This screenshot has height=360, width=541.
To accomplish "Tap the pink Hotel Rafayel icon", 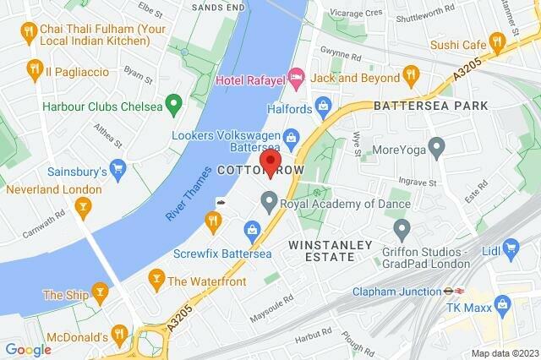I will pyautogui.click(x=296, y=79).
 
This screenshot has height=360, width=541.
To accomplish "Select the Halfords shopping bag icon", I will pyautogui.click(x=322, y=106).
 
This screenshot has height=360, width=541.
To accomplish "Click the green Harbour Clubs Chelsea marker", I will pyautogui.click(x=174, y=106).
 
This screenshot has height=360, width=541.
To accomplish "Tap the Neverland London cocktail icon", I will pyautogui.click(x=83, y=205).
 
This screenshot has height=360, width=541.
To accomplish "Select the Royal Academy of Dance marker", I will pyautogui.click(x=270, y=201).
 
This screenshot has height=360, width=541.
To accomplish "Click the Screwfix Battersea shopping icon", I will pyautogui.click(x=252, y=228).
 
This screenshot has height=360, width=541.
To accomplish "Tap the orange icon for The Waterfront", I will pyautogui.click(x=156, y=277).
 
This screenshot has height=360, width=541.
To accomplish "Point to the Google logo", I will pyautogui.click(x=28, y=350).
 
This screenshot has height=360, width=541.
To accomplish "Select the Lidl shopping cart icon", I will pyautogui.click(x=510, y=247).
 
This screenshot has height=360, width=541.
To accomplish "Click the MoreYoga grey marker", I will pyautogui.click(x=436, y=150).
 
